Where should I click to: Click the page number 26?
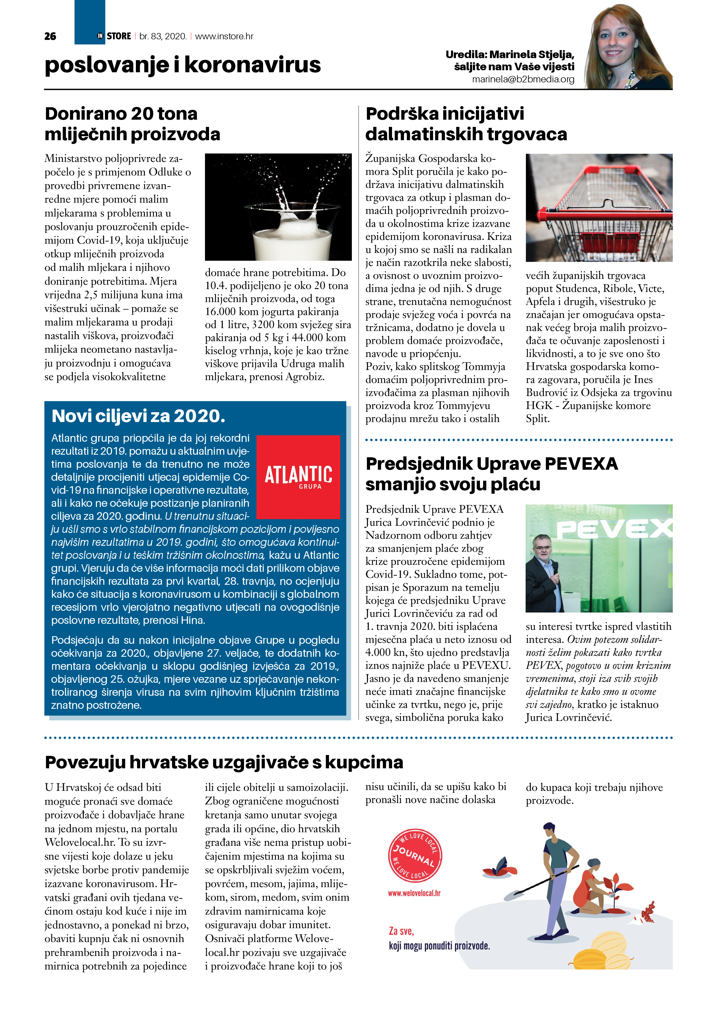point(50,36)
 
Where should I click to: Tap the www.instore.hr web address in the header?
point(224,36)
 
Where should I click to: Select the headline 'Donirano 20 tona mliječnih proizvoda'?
point(132,124)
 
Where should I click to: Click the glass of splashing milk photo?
point(278,207)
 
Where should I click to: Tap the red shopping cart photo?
point(599,208)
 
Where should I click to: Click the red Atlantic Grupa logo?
point(298,477)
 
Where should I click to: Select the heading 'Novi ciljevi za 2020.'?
point(138,416)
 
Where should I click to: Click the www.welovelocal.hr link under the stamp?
point(414,893)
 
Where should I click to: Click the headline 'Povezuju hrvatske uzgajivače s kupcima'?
point(224,762)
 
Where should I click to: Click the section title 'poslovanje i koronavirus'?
point(182,65)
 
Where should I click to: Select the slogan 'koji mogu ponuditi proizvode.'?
point(439,946)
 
